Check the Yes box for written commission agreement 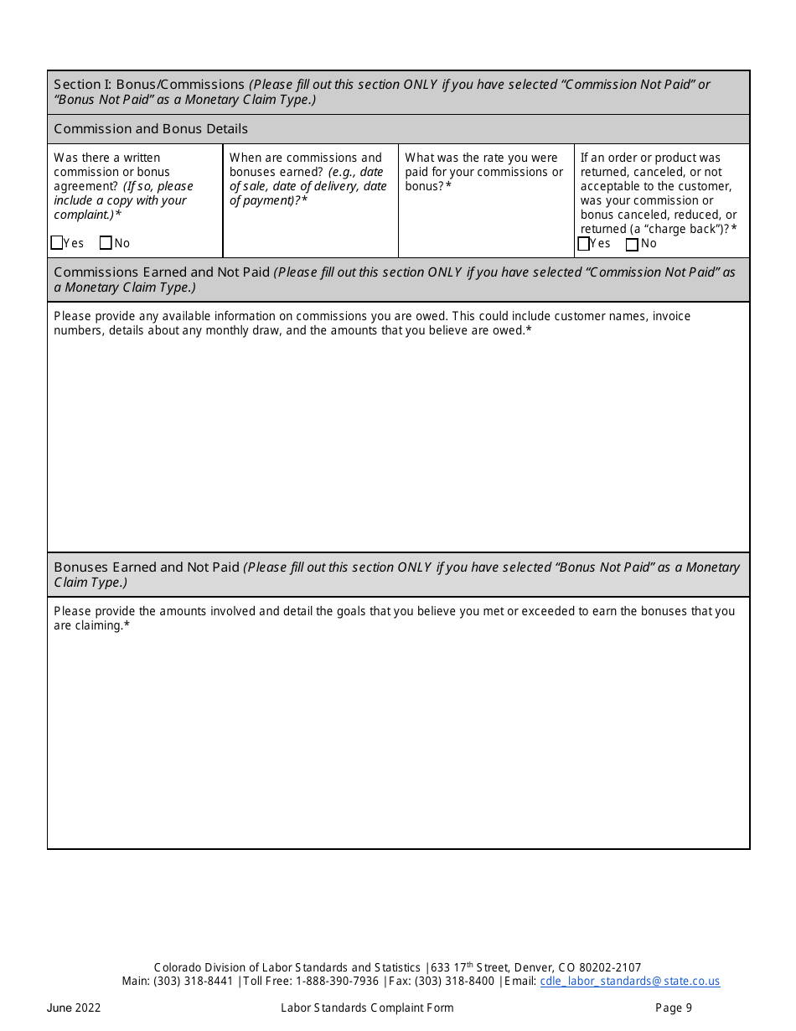pyautogui.click(x=57, y=243)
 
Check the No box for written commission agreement pyautogui.click(x=106, y=243)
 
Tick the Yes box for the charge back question pyautogui.click(x=584, y=244)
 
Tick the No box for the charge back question pyautogui.click(x=633, y=244)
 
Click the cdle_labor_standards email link pyautogui.click(x=629, y=981)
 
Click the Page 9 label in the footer pyautogui.click(x=674, y=1008)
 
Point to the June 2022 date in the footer pyautogui.click(x=74, y=1008)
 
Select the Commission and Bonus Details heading pyautogui.click(x=151, y=129)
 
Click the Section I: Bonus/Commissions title pyautogui.click(x=149, y=85)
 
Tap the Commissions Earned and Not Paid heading pyautogui.click(x=162, y=272)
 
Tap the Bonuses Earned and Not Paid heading pyautogui.click(x=147, y=567)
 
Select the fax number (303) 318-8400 pyautogui.click(x=454, y=981)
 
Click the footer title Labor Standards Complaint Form pyautogui.click(x=367, y=1008)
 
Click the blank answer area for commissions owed pyautogui.click(x=398, y=444)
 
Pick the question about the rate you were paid pyautogui.click(x=484, y=172)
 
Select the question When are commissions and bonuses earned pyautogui.click(x=308, y=179)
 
